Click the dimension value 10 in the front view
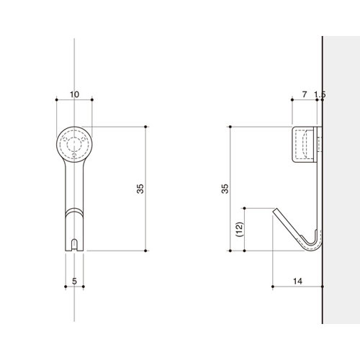coord(74,94)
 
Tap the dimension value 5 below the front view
coord(74,281)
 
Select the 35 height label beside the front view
coord(140,189)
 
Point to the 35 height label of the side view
coord(225,189)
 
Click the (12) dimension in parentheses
coord(240,230)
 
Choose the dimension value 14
coord(297,281)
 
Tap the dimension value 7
coord(305,94)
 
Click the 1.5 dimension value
coord(320,95)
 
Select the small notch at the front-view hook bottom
coord(74,245)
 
